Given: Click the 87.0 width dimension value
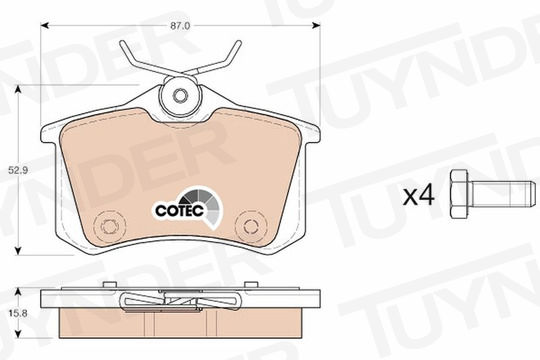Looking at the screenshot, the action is [180, 26].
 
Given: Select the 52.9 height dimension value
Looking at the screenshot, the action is [19, 170].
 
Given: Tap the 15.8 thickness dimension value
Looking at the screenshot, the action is [19, 313].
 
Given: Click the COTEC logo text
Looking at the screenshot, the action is [179, 210].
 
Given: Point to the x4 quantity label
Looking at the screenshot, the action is [419, 197].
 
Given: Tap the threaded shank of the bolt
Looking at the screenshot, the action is [502, 194].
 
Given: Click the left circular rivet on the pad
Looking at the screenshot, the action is [110, 226].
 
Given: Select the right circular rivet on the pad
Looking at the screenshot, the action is [251, 227].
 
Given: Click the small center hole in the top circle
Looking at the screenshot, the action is [180, 95].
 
